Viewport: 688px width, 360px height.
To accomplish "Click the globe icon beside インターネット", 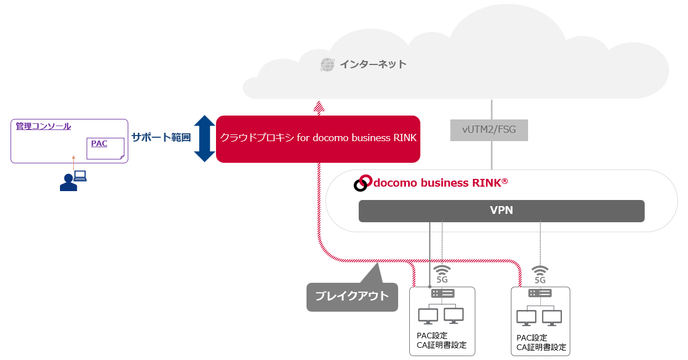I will [328, 64].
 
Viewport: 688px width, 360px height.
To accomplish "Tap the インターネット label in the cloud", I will [373, 64].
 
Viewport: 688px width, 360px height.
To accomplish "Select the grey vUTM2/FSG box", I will [489, 130].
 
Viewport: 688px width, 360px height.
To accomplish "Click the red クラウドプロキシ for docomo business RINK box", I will [318, 138].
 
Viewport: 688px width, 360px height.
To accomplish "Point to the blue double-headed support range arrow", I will [204, 138].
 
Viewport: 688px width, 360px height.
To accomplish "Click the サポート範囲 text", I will [161, 137].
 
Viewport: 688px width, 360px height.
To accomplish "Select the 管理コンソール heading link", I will [43, 126].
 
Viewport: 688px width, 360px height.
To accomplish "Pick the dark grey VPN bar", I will [501, 211].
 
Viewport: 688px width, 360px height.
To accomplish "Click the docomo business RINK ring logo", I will [363, 183].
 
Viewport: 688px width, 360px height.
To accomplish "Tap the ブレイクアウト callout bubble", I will [352, 296].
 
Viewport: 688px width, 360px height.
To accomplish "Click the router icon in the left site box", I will [443, 293].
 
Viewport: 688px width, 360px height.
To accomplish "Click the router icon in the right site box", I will [540, 293].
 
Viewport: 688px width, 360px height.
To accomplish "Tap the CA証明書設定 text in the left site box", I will [441, 345].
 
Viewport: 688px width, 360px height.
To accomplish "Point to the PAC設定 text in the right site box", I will [532, 337].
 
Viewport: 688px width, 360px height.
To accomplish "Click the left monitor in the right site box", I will [526, 318].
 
